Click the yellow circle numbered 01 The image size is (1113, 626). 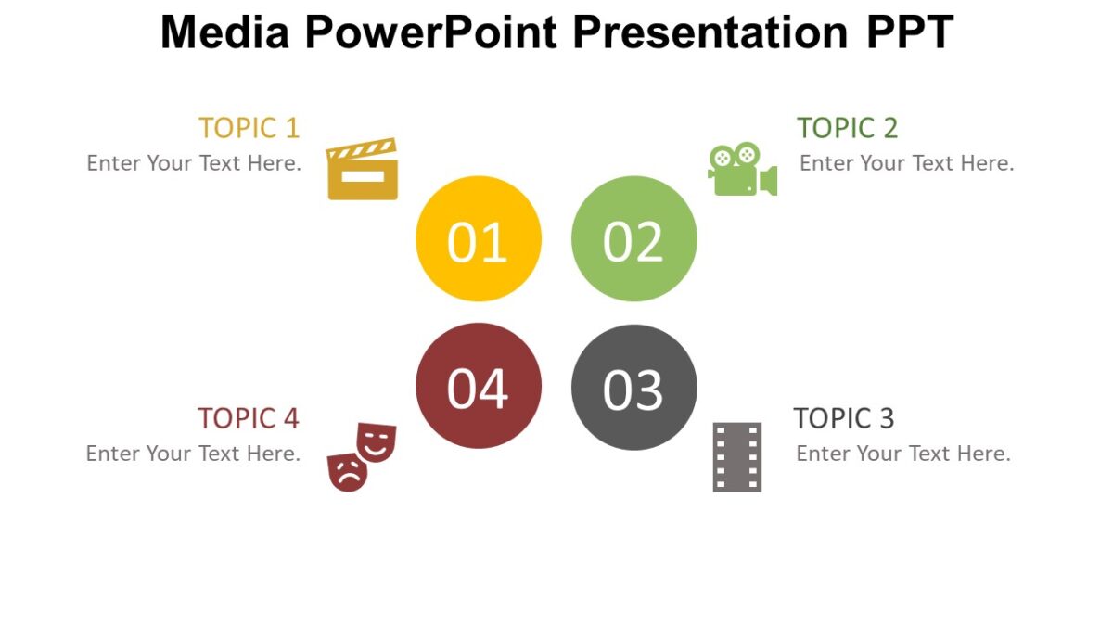click(478, 239)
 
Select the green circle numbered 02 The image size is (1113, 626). click(633, 239)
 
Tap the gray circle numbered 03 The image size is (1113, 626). click(633, 388)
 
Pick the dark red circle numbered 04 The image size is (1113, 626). click(478, 386)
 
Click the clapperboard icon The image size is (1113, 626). click(363, 170)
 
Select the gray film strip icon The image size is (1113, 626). click(737, 457)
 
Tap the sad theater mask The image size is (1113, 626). click(348, 471)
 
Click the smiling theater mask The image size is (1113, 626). click(376, 441)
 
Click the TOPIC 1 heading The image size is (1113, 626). click(249, 128)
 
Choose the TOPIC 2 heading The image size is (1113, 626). click(847, 128)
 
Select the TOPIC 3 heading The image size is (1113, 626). click(843, 418)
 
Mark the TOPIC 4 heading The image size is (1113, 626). click(248, 418)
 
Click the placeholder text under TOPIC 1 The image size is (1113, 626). click(194, 163)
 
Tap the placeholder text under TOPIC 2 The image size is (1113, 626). click(906, 163)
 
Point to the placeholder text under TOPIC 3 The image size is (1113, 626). click(902, 454)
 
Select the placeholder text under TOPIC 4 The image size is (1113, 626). click(193, 454)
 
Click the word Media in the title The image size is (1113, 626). click(225, 32)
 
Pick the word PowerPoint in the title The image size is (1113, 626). click(430, 32)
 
